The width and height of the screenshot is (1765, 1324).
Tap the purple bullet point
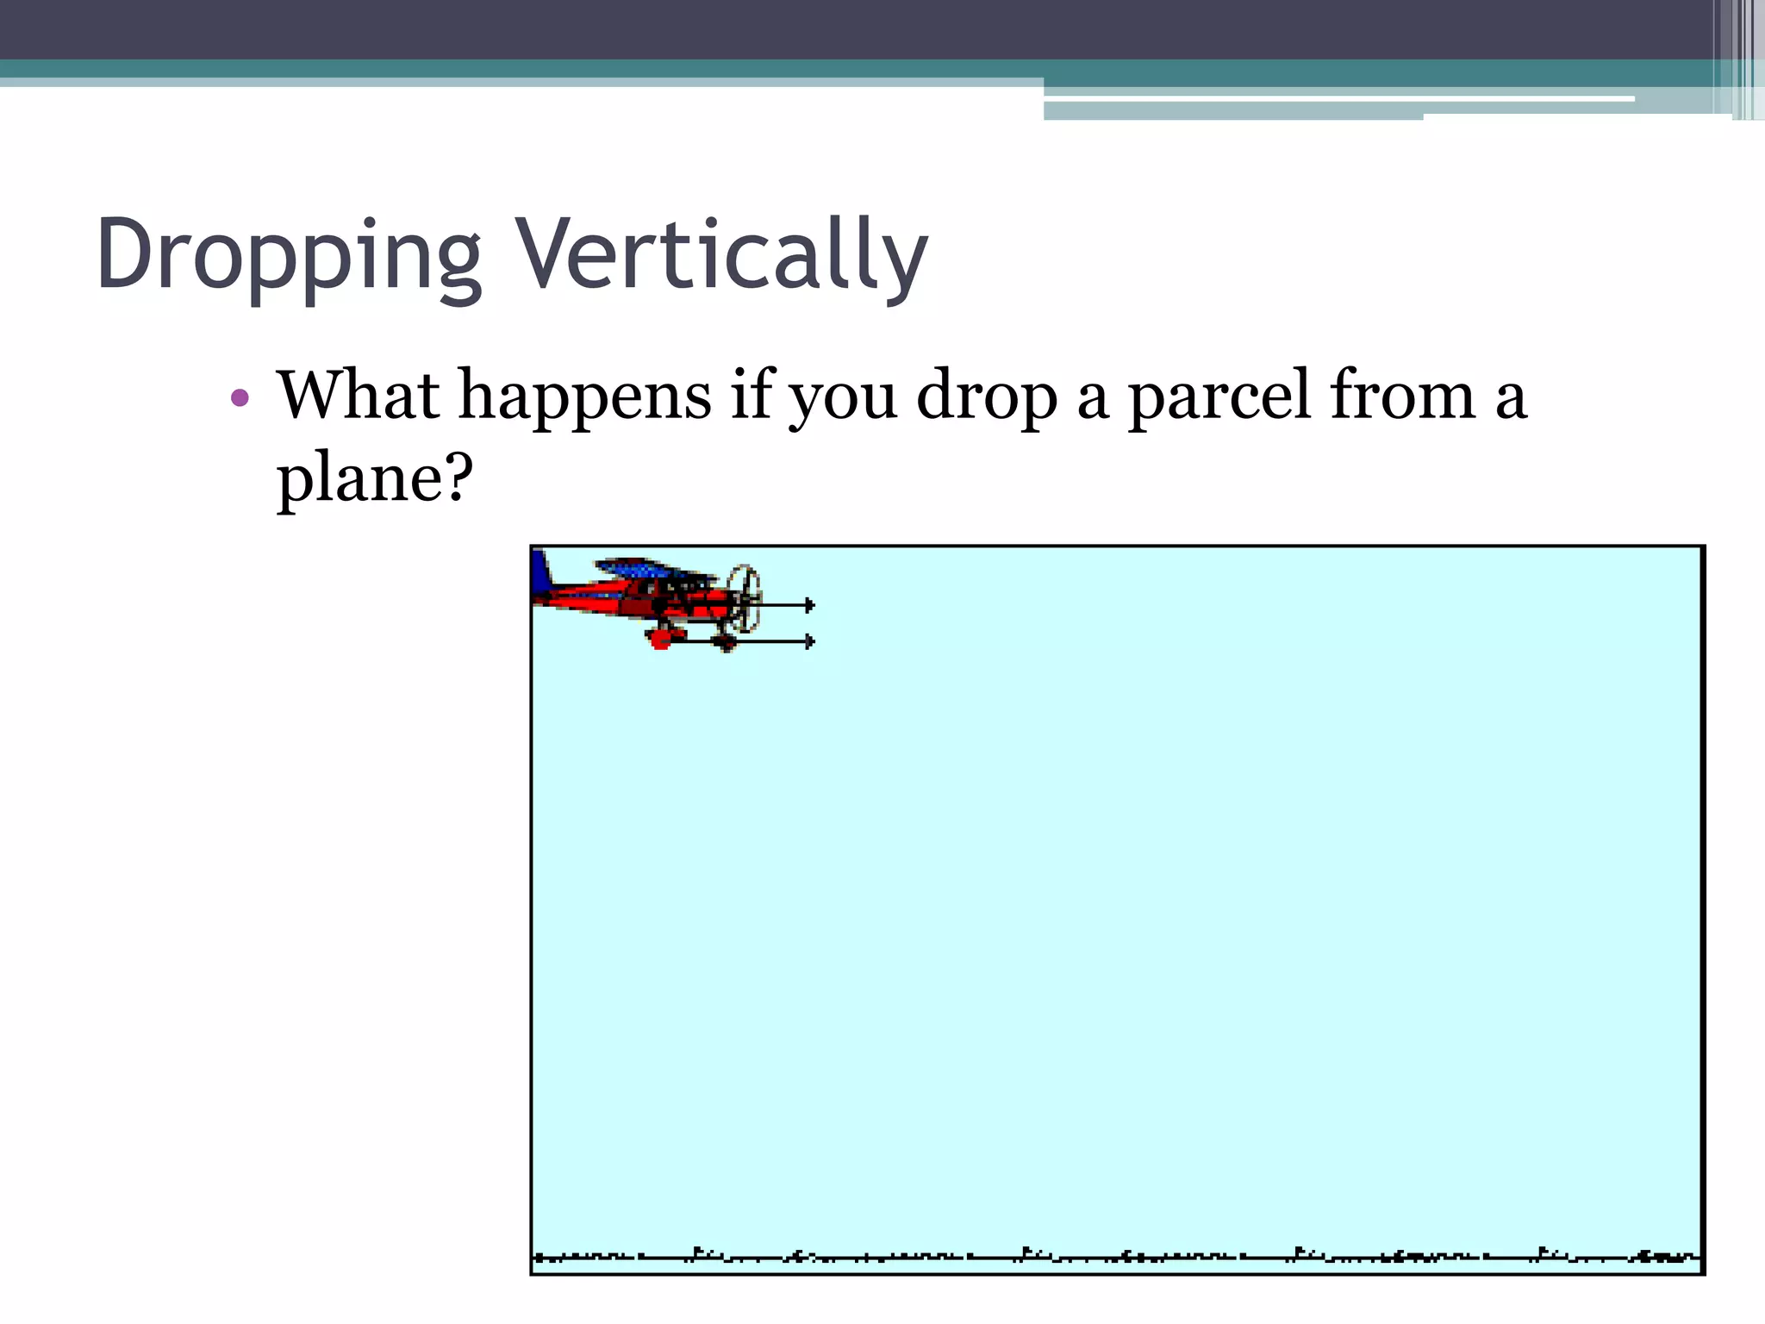pyautogui.click(x=240, y=398)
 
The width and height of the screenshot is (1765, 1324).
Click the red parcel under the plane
pyautogui.click(x=660, y=640)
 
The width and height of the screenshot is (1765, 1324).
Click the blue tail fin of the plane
pyautogui.click(x=541, y=573)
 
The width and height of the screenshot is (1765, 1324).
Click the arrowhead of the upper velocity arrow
pyautogui.click(x=809, y=605)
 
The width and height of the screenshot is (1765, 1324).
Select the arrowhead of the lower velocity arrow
pyautogui.click(x=809, y=641)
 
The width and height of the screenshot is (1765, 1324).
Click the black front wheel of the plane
pyautogui.click(x=726, y=642)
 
